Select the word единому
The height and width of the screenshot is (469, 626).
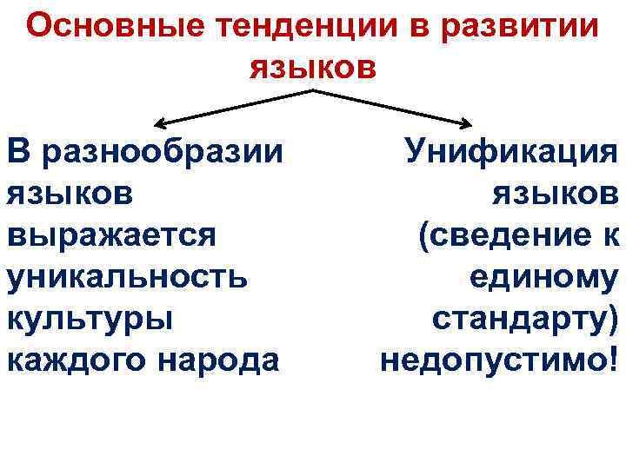point(543,277)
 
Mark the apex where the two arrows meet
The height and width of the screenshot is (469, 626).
point(313,89)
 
